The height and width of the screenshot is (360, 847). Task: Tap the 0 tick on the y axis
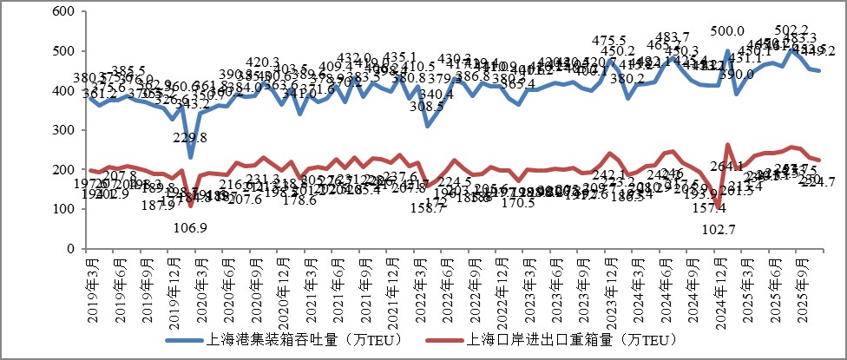(x=71, y=248)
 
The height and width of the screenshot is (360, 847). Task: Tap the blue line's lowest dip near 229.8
(x=191, y=157)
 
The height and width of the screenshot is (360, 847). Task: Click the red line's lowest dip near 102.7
(x=719, y=208)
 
